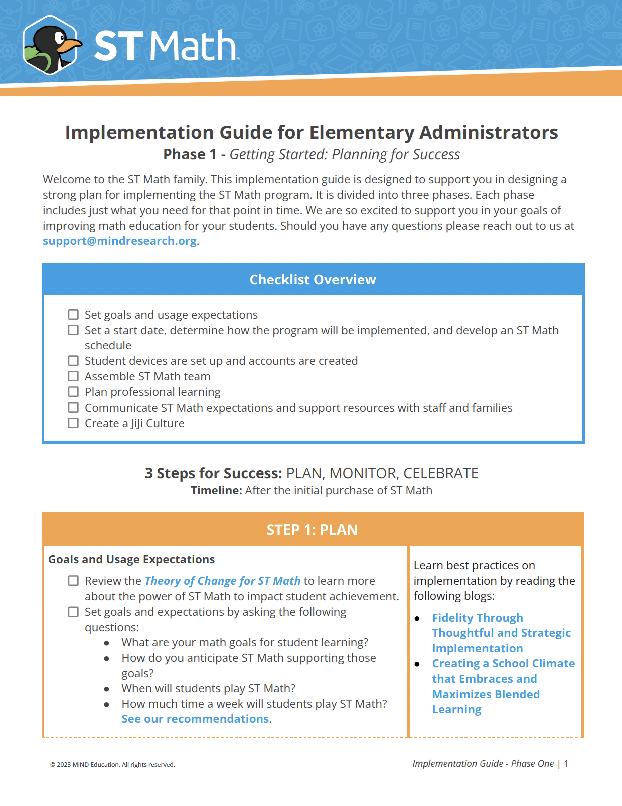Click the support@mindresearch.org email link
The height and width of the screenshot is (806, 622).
(119, 241)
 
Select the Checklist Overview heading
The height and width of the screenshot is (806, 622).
(313, 280)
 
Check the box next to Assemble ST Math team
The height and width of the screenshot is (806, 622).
(74, 376)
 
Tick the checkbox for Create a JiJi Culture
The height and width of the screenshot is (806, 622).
(74, 423)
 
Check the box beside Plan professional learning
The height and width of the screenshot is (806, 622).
(74, 392)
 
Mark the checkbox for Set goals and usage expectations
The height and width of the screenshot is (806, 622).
(74, 315)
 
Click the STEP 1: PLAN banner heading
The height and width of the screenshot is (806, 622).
(312, 530)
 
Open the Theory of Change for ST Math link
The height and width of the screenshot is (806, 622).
(222, 581)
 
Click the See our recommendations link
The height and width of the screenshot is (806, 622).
(195, 719)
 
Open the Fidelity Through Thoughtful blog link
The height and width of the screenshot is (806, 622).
(501, 633)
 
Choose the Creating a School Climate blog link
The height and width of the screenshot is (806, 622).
(503, 679)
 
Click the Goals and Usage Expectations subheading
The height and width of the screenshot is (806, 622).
(131, 559)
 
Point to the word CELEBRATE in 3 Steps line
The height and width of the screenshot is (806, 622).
(440, 473)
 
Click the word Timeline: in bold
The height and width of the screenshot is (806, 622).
(216, 490)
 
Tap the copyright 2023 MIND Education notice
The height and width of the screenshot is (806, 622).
(112, 765)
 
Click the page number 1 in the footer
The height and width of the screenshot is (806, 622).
(566, 764)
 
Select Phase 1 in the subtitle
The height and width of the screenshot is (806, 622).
(190, 154)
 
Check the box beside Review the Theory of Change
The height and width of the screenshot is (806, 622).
(74, 581)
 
